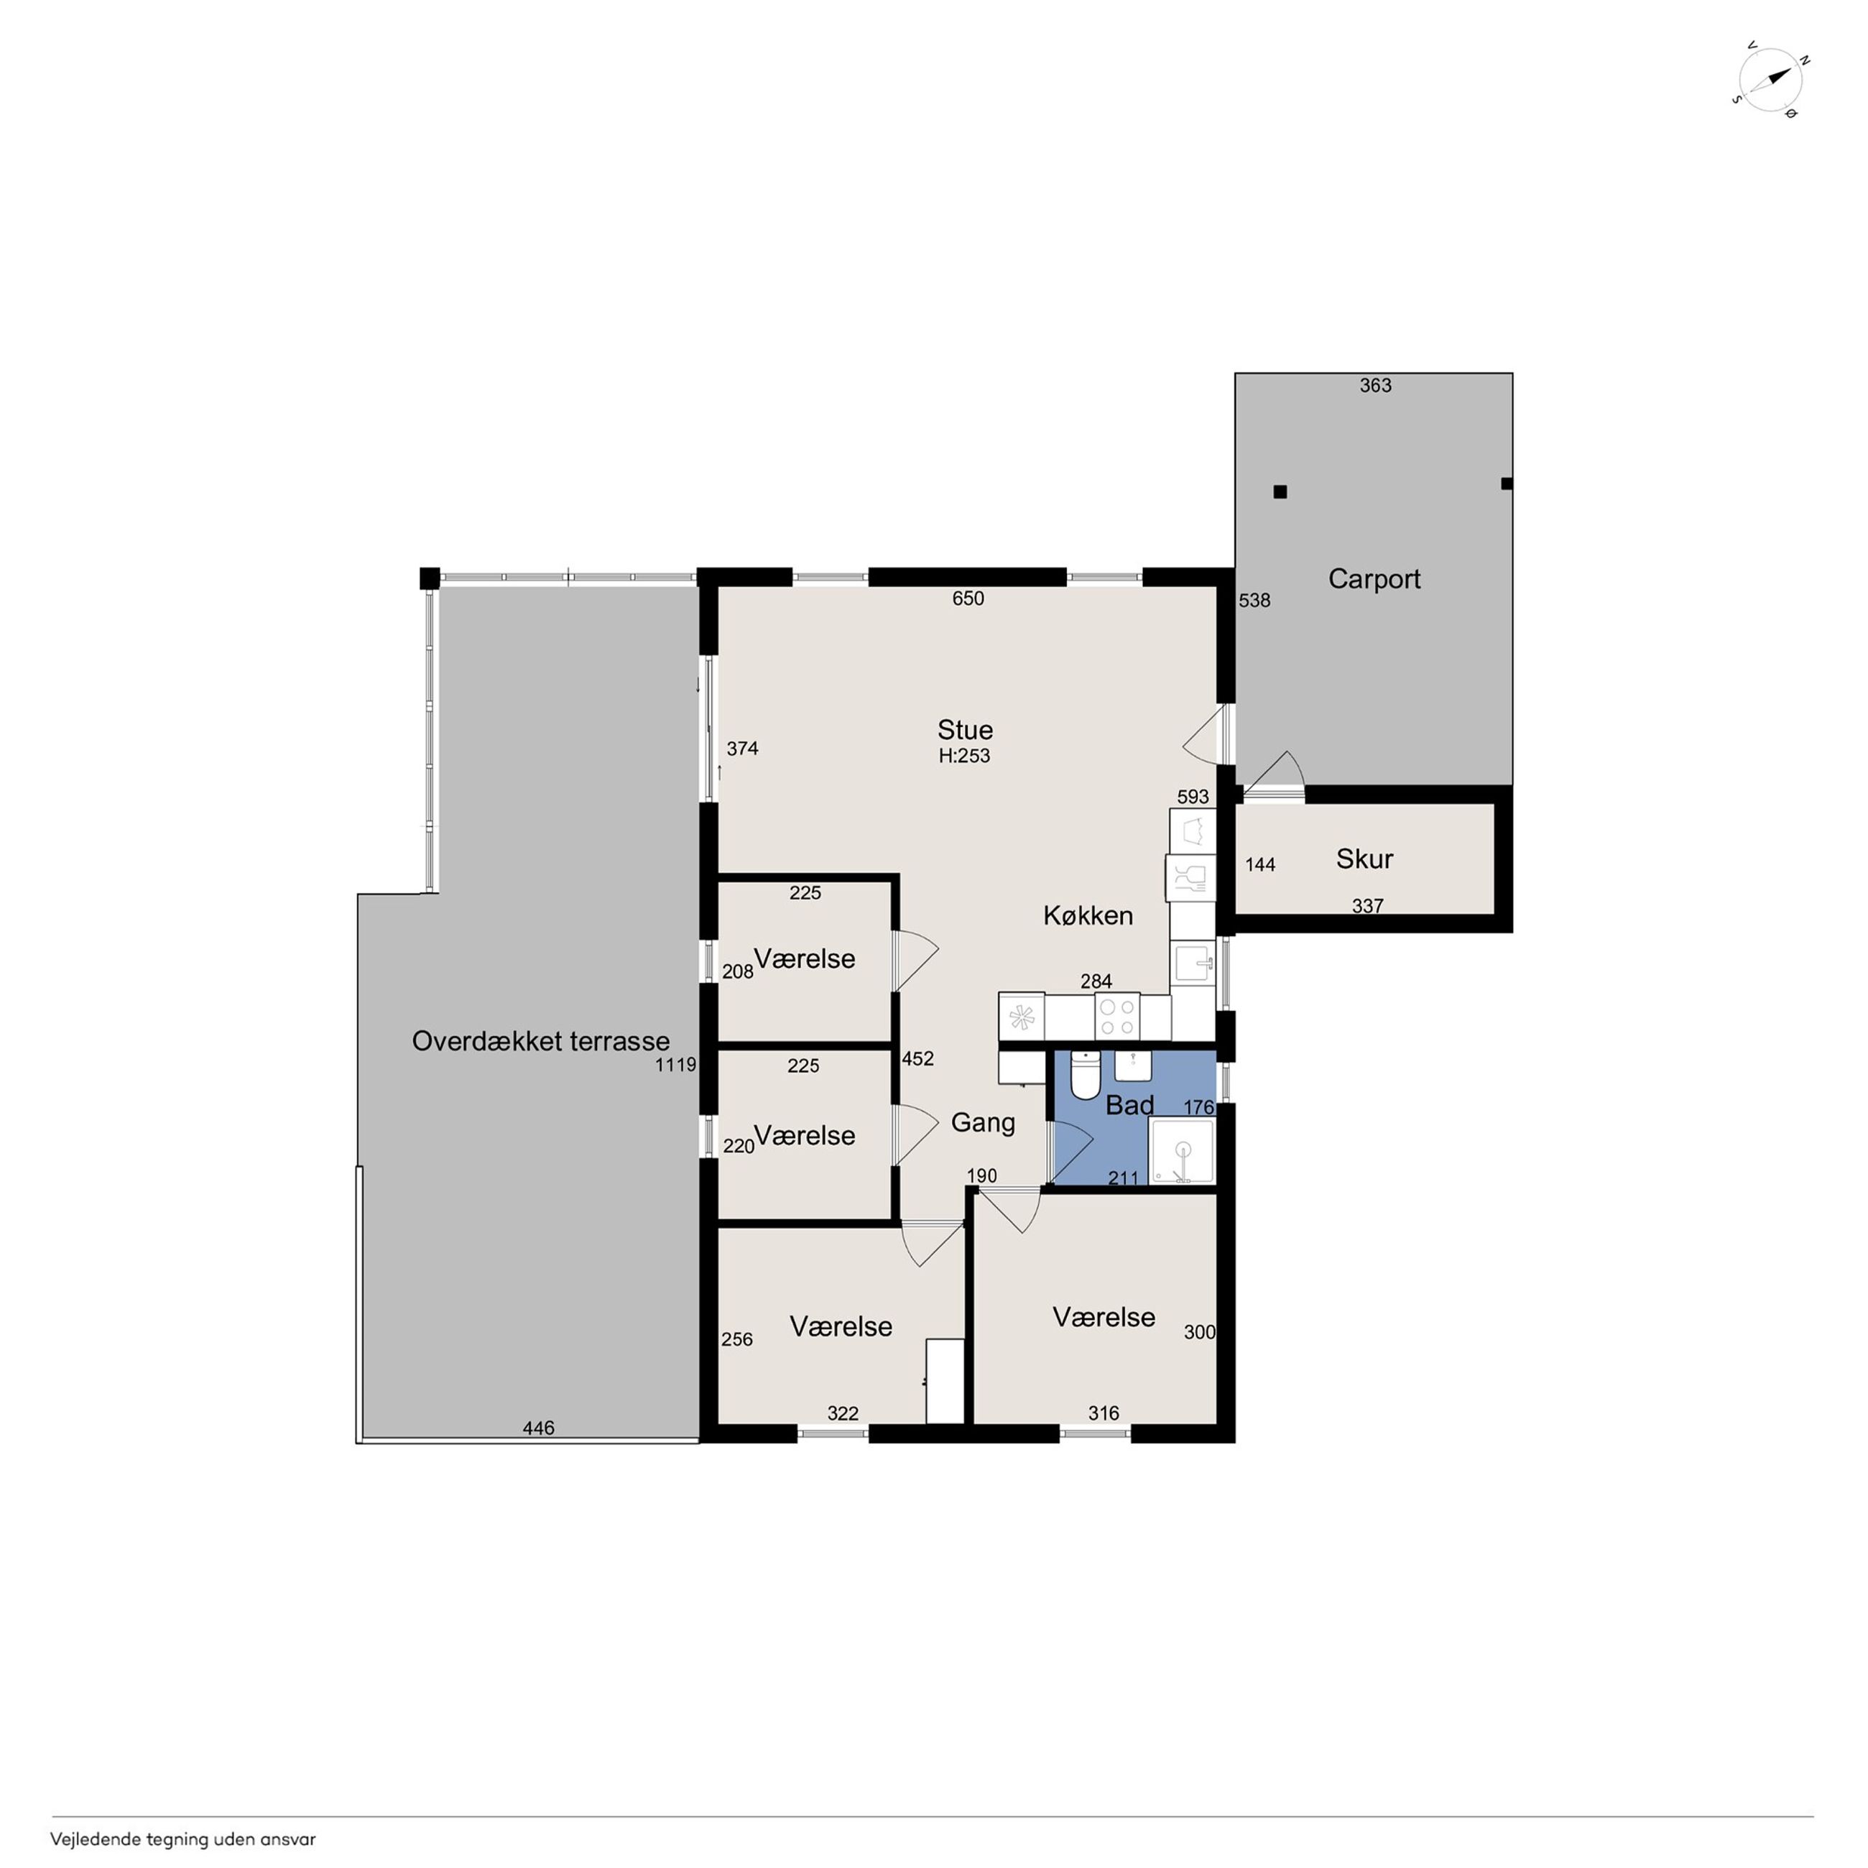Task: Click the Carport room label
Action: click(x=1374, y=579)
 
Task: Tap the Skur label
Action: click(x=1364, y=859)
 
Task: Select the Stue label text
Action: click(x=965, y=730)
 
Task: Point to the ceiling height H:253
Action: click(x=964, y=756)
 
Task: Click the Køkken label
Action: click(x=1088, y=915)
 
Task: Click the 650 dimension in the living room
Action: click(x=968, y=598)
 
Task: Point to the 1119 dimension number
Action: click(x=676, y=1065)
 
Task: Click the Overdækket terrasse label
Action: click(x=540, y=1041)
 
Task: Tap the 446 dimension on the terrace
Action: click(x=539, y=1428)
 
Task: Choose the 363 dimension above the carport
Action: click(x=1375, y=386)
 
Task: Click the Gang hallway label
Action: click(x=984, y=1122)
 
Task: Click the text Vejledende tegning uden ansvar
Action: click(x=182, y=1840)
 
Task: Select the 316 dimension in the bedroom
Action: click(x=1104, y=1412)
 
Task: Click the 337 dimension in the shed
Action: click(x=1367, y=906)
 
